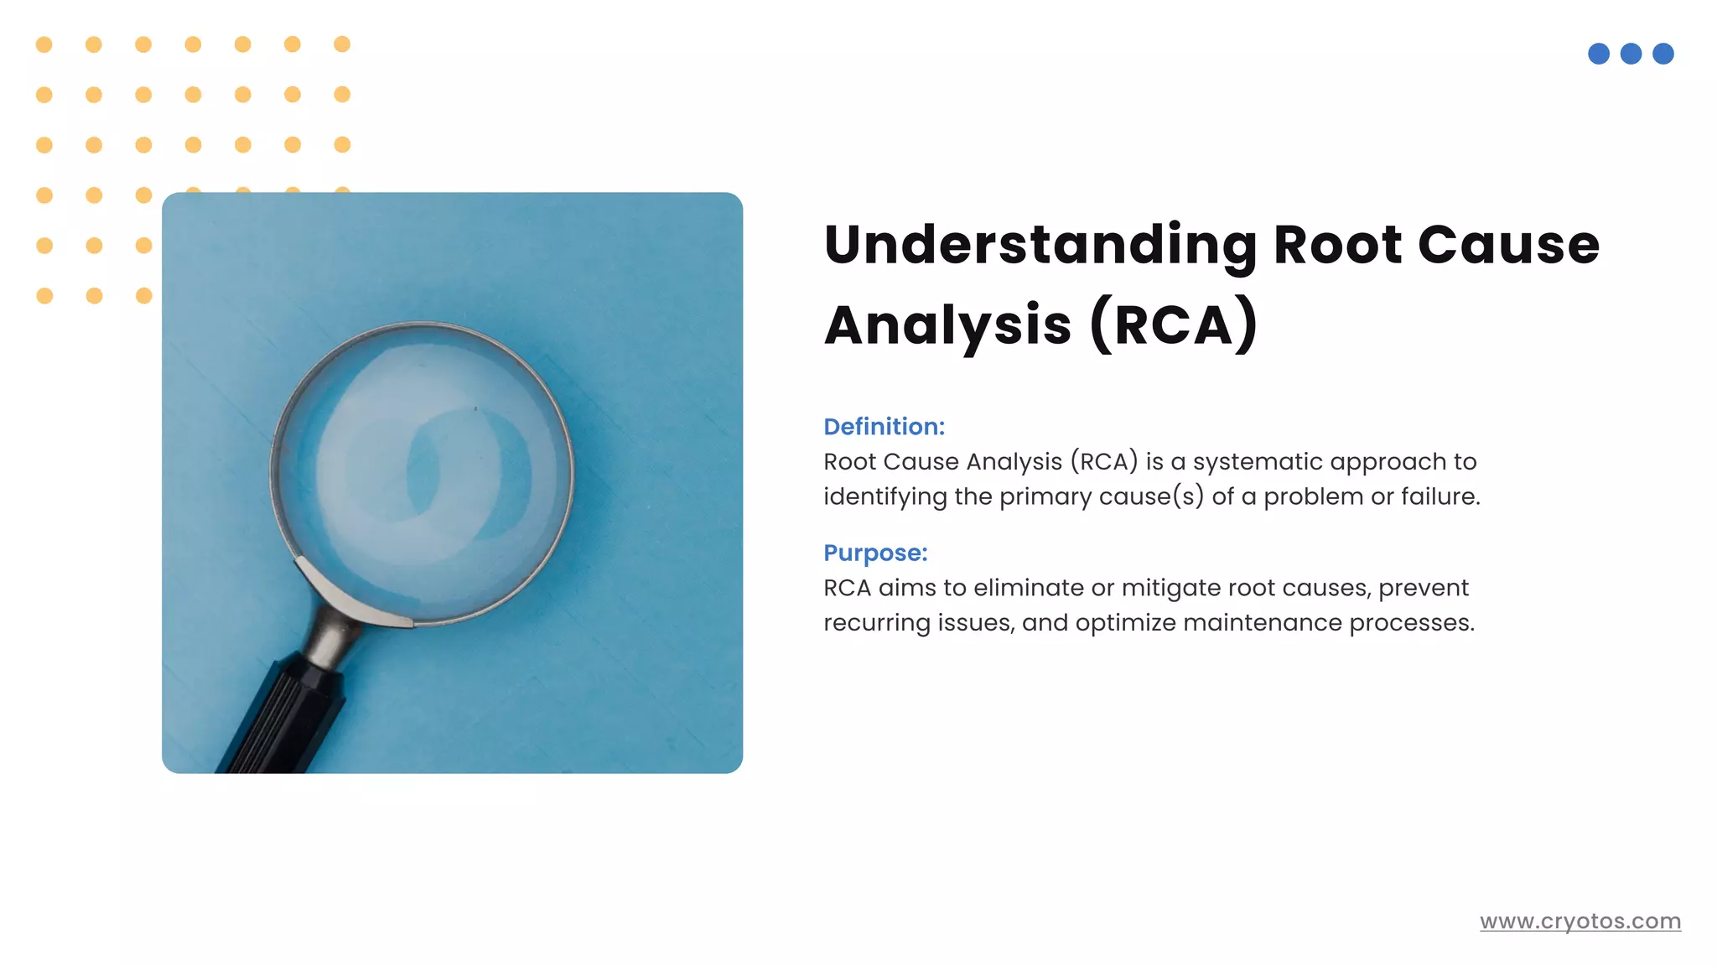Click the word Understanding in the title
(1040, 246)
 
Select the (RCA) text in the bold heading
(1174, 325)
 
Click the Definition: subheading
(884, 427)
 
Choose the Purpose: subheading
(875, 553)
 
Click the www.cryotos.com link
(1580, 922)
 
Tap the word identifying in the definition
(884, 497)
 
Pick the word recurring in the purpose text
(877, 623)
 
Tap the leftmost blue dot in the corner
(1599, 55)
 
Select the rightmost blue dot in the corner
(1663, 55)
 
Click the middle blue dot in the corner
(1631, 55)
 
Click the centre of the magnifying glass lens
(423, 474)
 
